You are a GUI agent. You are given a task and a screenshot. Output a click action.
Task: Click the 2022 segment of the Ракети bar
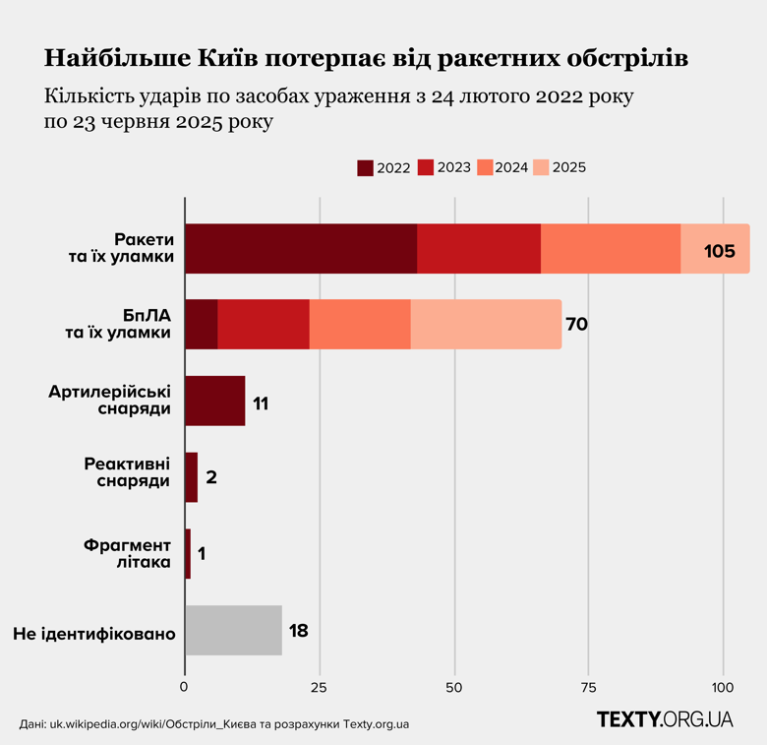click(x=300, y=249)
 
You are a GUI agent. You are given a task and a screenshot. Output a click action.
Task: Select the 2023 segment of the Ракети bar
click(x=479, y=249)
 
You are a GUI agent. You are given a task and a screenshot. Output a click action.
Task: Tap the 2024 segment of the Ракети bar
click(x=611, y=249)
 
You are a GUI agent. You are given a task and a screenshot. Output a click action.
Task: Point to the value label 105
click(x=719, y=251)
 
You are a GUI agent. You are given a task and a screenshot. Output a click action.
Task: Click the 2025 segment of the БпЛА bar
click(x=486, y=325)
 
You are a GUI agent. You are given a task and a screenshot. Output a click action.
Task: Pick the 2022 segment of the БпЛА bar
click(x=201, y=325)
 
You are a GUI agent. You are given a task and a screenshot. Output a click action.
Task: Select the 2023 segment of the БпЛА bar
click(x=264, y=325)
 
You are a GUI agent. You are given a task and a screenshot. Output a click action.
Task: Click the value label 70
click(x=576, y=325)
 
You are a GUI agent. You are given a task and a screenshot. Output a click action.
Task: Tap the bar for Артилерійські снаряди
click(x=214, y=402)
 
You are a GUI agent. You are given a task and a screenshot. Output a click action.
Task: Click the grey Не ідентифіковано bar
click(x=233, y=631)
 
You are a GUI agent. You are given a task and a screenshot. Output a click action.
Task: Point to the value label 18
click(x=299, y=631)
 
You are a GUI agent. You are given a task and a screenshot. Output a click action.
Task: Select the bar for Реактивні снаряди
click(x=191, y=477)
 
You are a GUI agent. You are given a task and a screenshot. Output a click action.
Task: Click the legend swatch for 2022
click(x=365, y=167)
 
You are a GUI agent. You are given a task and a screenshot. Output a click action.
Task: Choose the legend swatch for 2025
click(x=540, y=167)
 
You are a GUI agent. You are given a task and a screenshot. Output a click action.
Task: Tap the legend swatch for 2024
click(x=483, y=167)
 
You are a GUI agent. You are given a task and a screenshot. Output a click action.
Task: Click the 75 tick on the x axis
click(x=588, y=685)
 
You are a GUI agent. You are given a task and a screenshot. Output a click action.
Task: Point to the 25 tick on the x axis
click(x=320, y=685)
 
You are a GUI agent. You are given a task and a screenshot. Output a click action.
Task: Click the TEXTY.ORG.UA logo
click(x=665, y=719)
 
